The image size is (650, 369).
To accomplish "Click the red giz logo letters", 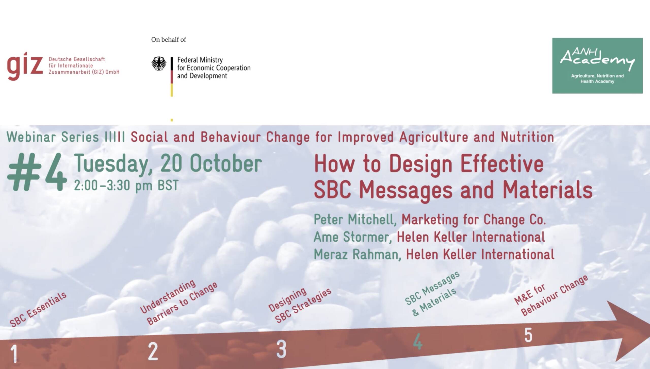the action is pyautogui.click(x=25, y=66).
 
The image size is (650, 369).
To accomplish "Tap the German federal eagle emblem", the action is pyautogui.click(x=159, y=64).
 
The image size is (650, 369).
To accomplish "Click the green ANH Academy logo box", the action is pyautogui.click(x=597, y=66).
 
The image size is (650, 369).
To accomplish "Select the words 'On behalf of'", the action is pyautogui.click(x=169, y=40).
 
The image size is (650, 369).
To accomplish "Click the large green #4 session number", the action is pyautogui.click(x=37, y=172).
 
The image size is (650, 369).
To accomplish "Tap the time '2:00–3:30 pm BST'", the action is pyautogui.click(x=126, y=185).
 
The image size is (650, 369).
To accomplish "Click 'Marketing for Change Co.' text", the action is pyautogui.click(x=474, y=220).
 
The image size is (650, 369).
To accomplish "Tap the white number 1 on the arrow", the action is pyautogui.click(x=14, y=354).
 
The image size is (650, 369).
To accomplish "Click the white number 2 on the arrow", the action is pyautogui.click(x=153, y=351).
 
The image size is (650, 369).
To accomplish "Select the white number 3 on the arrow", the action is pyautogui.click(x=281, y=349).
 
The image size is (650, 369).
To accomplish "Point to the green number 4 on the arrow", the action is pyautogui.click(x=418, y=341).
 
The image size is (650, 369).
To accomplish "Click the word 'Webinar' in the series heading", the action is pyautogui.click(x=31, y=137).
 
